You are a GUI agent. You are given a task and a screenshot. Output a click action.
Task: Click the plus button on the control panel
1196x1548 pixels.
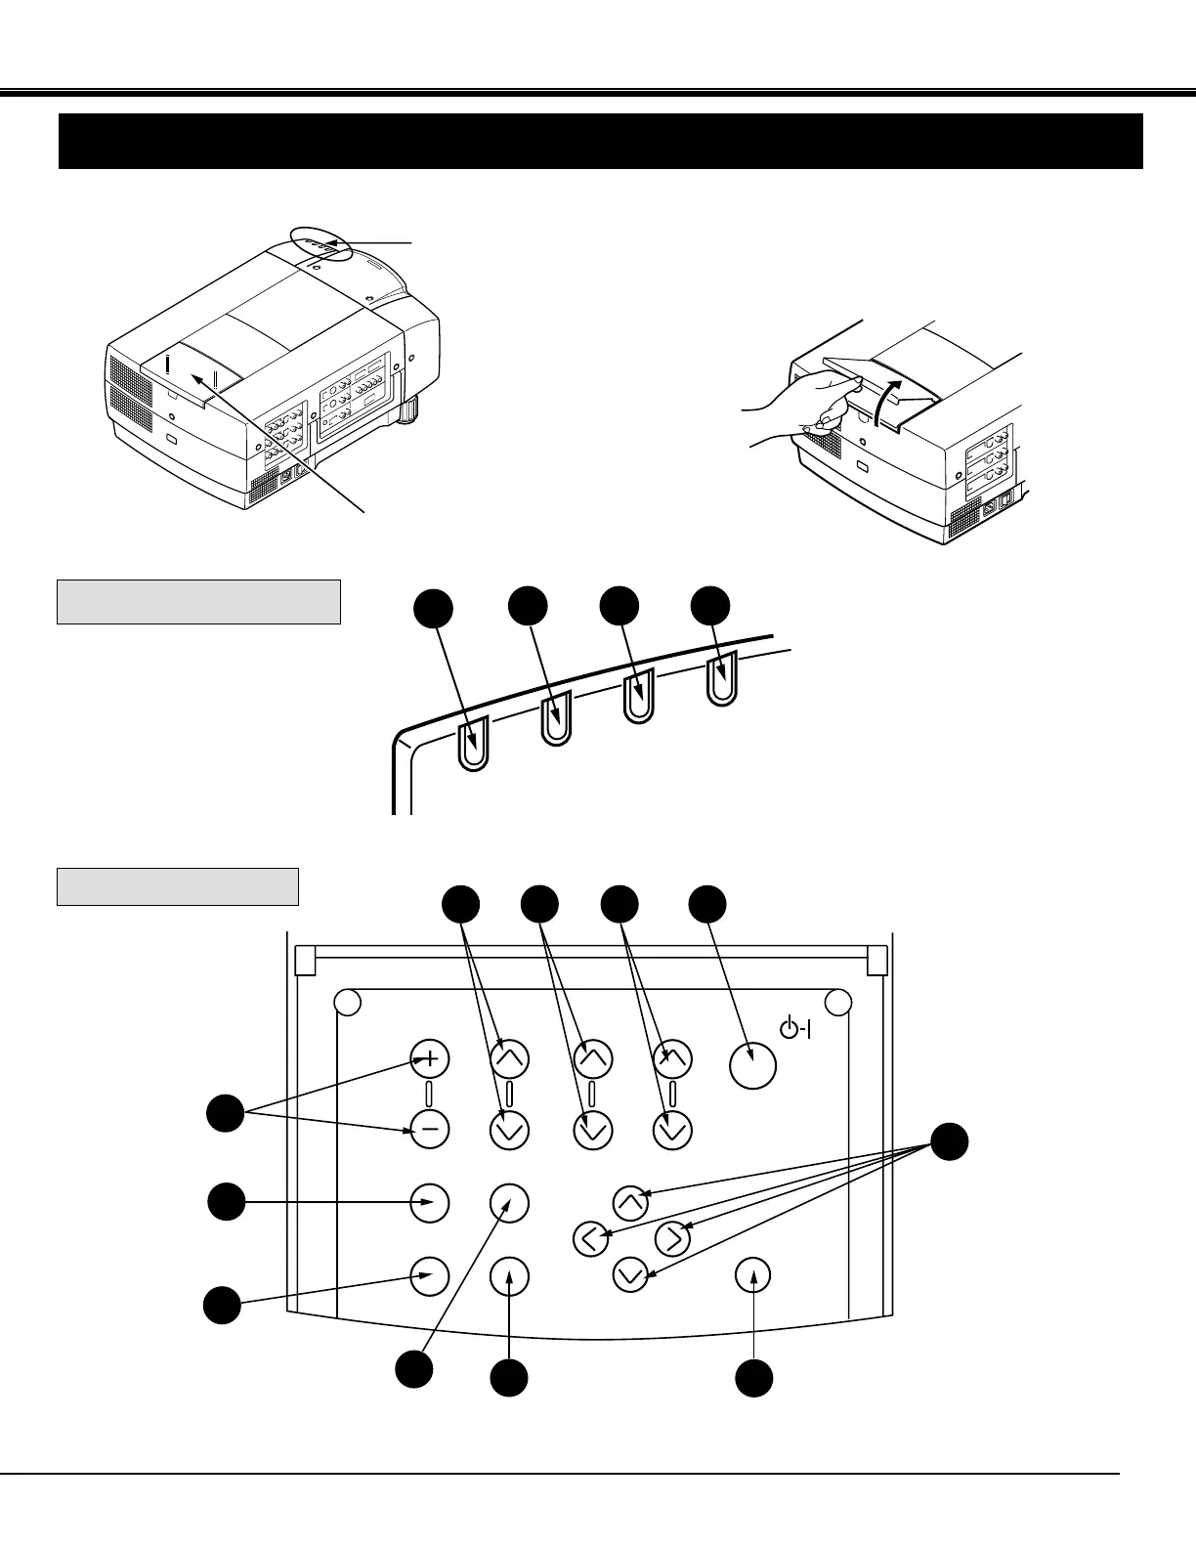(430, 1058)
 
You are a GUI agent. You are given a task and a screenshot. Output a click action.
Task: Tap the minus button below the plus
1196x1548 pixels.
(430, 1130)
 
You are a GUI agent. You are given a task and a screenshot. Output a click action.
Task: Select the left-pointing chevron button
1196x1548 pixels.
(589, 1238)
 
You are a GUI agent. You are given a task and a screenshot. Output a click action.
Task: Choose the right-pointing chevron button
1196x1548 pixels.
(672, 1238)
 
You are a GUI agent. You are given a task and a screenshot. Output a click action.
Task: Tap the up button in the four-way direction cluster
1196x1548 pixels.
(630, 1201)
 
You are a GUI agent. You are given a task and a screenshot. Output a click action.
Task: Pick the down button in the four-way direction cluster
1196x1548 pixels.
(632, 1275)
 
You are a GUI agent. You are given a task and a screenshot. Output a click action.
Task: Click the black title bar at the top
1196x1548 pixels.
(600, 142)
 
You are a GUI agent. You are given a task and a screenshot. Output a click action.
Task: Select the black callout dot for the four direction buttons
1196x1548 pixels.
(949, 1142)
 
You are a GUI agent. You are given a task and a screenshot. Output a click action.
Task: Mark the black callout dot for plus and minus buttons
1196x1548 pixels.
(226, 1114)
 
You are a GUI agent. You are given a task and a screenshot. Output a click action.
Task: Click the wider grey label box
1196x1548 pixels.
(198, 602)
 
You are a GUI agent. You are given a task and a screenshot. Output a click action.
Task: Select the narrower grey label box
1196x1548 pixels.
(177, 886)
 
